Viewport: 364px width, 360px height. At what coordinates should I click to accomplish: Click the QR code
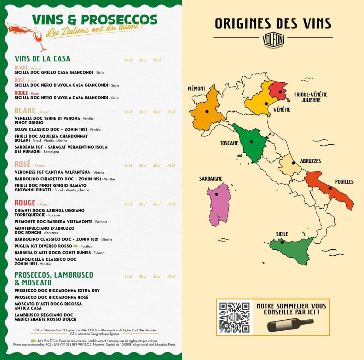(x=234, y=317)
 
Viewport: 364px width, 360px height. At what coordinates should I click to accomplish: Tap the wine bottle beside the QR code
(x=290, y=324)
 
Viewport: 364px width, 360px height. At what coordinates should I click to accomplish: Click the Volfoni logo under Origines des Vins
(x=273, y=40)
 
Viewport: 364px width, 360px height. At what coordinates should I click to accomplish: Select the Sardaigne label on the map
(x=210, y=179)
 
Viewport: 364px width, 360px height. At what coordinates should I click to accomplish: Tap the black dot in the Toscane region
(x=252, y=141)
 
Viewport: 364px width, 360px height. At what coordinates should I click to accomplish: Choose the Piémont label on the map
(x=196, y=88)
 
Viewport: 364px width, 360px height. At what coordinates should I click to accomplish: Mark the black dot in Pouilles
(x=330, y=188)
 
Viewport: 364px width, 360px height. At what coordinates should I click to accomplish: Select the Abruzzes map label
(x=310, y=161)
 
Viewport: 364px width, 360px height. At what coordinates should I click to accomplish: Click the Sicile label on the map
(x=282, y=234)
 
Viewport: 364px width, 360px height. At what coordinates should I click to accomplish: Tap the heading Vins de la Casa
(x=42, y=59)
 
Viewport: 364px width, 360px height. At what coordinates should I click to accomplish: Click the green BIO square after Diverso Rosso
(x=75, y=246)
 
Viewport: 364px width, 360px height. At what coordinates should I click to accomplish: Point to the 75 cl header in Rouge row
(x=171, y=204)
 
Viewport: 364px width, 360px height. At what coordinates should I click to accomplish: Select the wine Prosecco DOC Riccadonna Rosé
(x=51, y=297)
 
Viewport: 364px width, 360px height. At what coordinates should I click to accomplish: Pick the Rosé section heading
(x=22, y=164)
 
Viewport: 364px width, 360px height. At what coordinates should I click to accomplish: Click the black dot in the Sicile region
(x=282, y=242)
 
